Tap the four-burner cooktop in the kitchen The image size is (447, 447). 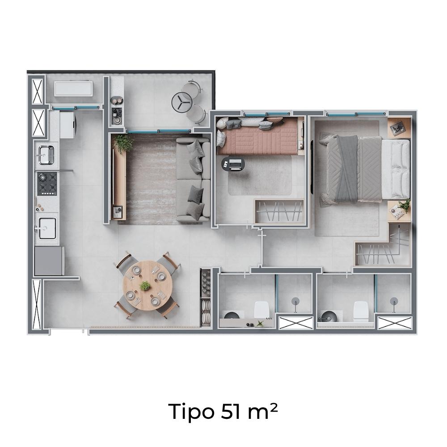tap(47, 184)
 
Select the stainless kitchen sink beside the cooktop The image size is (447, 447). tap(46, 155)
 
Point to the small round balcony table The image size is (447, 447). tap(181, 102)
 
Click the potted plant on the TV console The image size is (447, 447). tap(123, 143)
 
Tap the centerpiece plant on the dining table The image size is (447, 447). tap(145, 286)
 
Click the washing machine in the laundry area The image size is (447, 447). tap(67, 125)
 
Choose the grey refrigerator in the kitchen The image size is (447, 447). tap(49, 261)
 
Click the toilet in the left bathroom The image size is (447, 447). tap(261, 310)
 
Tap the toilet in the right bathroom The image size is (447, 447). tap(361, 311)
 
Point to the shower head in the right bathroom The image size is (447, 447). tap(394, 301)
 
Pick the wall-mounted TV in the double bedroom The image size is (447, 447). tap(312, 166)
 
